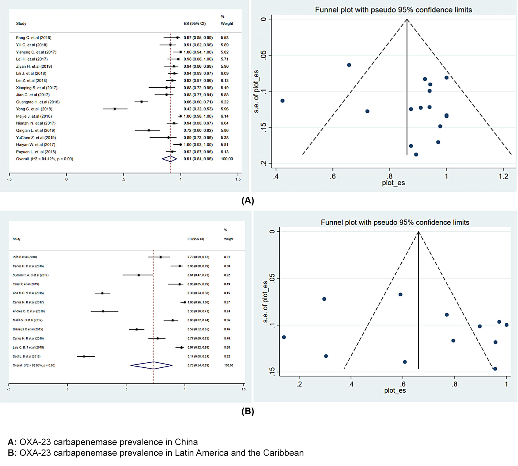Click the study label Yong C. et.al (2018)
34,109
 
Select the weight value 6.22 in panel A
225,102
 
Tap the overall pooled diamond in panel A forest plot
169,159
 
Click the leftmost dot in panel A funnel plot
282,101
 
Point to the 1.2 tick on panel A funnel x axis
504,176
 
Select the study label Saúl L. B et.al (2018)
26,356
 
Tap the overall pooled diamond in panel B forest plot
152,365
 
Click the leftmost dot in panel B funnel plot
284,337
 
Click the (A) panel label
248,201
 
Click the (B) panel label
248,411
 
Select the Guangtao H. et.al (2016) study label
38,102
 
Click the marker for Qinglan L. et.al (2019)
149,130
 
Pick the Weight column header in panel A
227,24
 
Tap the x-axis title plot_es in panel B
395,391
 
